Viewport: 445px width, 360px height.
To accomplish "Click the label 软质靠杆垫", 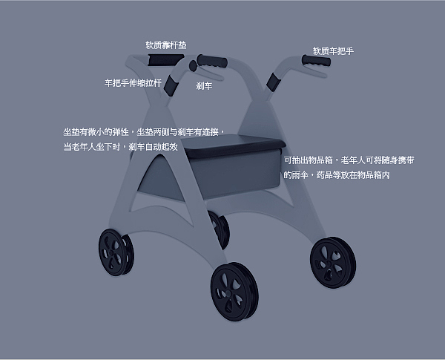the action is [165, 45].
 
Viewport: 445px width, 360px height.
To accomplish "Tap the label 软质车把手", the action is [333, 51].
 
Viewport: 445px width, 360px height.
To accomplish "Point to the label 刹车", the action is [204, 86].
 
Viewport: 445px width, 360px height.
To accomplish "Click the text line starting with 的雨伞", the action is [336, 175].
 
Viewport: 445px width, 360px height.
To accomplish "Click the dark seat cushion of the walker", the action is [234, 145].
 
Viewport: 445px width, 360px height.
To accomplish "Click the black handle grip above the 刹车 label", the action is [212, 59].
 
